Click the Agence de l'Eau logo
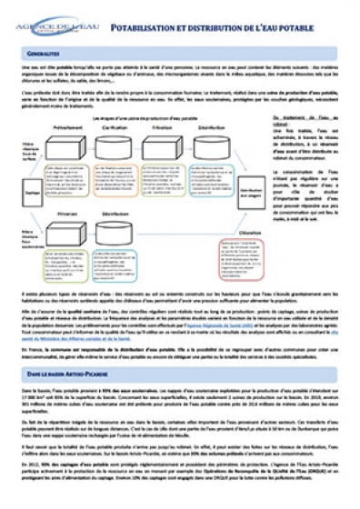(x=48, y=28)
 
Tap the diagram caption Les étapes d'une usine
(x=145, y=119)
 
